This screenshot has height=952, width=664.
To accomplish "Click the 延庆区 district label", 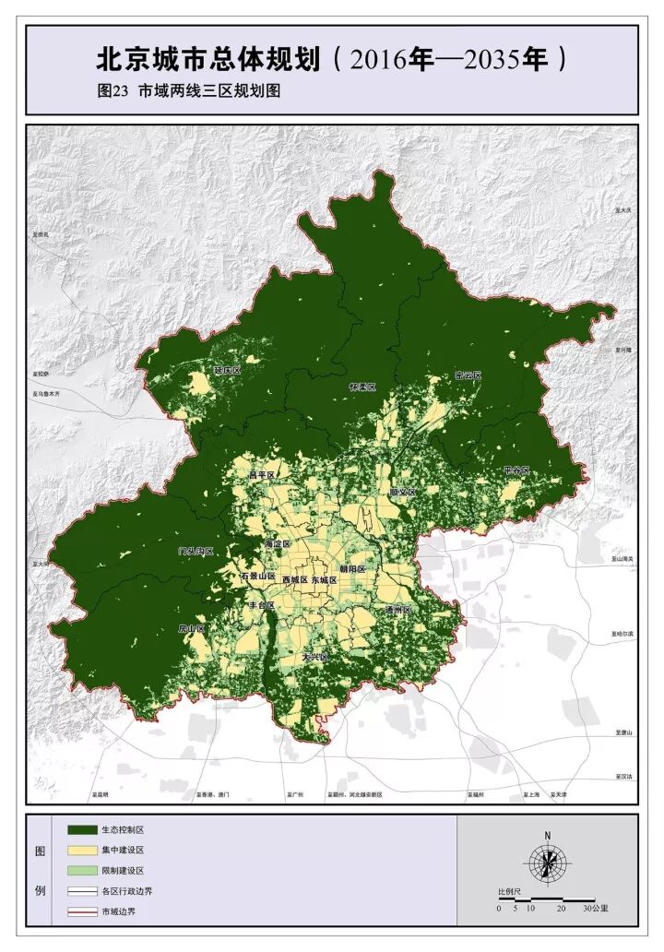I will (x=226, y=371).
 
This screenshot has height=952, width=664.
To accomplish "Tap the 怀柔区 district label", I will (x=362, y=387).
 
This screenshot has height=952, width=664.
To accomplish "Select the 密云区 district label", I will (x=468, y=375).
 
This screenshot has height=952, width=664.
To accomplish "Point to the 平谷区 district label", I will (x=516, y=471).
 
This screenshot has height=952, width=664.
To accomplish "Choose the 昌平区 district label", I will (x=263, y=475).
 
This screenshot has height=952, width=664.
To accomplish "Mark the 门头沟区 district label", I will (x=196, y=551).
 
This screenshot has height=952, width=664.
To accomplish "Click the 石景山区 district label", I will (x=257, y=577).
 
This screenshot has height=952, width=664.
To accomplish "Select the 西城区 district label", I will (x=295, y=580).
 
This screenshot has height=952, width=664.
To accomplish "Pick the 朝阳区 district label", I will (x=352, y=569).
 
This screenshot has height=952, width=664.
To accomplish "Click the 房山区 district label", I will (x=191, y=628).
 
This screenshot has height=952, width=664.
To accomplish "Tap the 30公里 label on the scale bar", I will (x=596, y=909).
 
